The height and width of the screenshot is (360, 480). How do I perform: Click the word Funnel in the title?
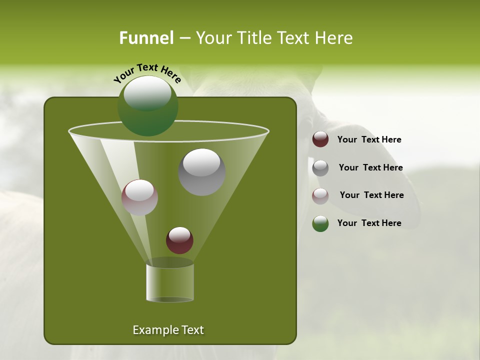coord(146,38)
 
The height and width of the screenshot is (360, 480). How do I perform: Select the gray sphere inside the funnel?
coord(202,172)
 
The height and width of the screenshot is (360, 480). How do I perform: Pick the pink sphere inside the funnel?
coord(140,197)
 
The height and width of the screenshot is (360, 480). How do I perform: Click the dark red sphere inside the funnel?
coord(179,240)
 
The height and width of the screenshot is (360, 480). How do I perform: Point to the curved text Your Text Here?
coord(147,73)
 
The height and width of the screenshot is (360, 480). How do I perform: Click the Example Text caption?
coord(168,330)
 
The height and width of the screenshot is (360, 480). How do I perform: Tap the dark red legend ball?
coord(320,139)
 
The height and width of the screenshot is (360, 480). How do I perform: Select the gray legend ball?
coord(320,168)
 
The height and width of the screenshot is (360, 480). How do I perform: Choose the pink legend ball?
coord(320,196)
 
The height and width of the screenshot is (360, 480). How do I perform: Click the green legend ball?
coord(320,223)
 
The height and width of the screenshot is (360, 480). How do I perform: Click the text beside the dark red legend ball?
coord(369,140)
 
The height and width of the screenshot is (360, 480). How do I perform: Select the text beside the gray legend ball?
coord(370,167)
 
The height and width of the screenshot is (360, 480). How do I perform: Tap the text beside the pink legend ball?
coord(371,195)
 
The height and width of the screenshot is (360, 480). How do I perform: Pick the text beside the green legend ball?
coord(369,223)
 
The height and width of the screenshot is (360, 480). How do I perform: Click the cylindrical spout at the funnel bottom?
coord(170,282)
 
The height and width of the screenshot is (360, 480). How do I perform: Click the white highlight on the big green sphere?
coord(147,93)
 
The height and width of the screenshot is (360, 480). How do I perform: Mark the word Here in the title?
coord(334,38)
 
